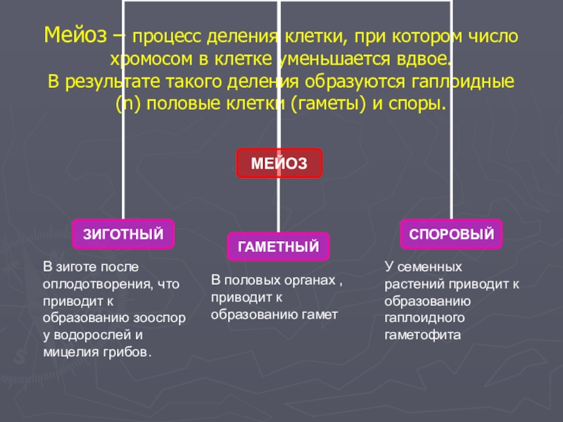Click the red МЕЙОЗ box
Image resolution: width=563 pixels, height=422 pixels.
(279, 162)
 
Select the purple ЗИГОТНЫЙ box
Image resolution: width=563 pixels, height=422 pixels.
(123, 234)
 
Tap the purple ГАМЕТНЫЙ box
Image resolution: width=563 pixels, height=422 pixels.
(278, 247)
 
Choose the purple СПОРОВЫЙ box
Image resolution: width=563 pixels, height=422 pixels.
(452, 234)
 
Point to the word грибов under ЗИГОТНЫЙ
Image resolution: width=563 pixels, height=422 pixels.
(125, 351)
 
